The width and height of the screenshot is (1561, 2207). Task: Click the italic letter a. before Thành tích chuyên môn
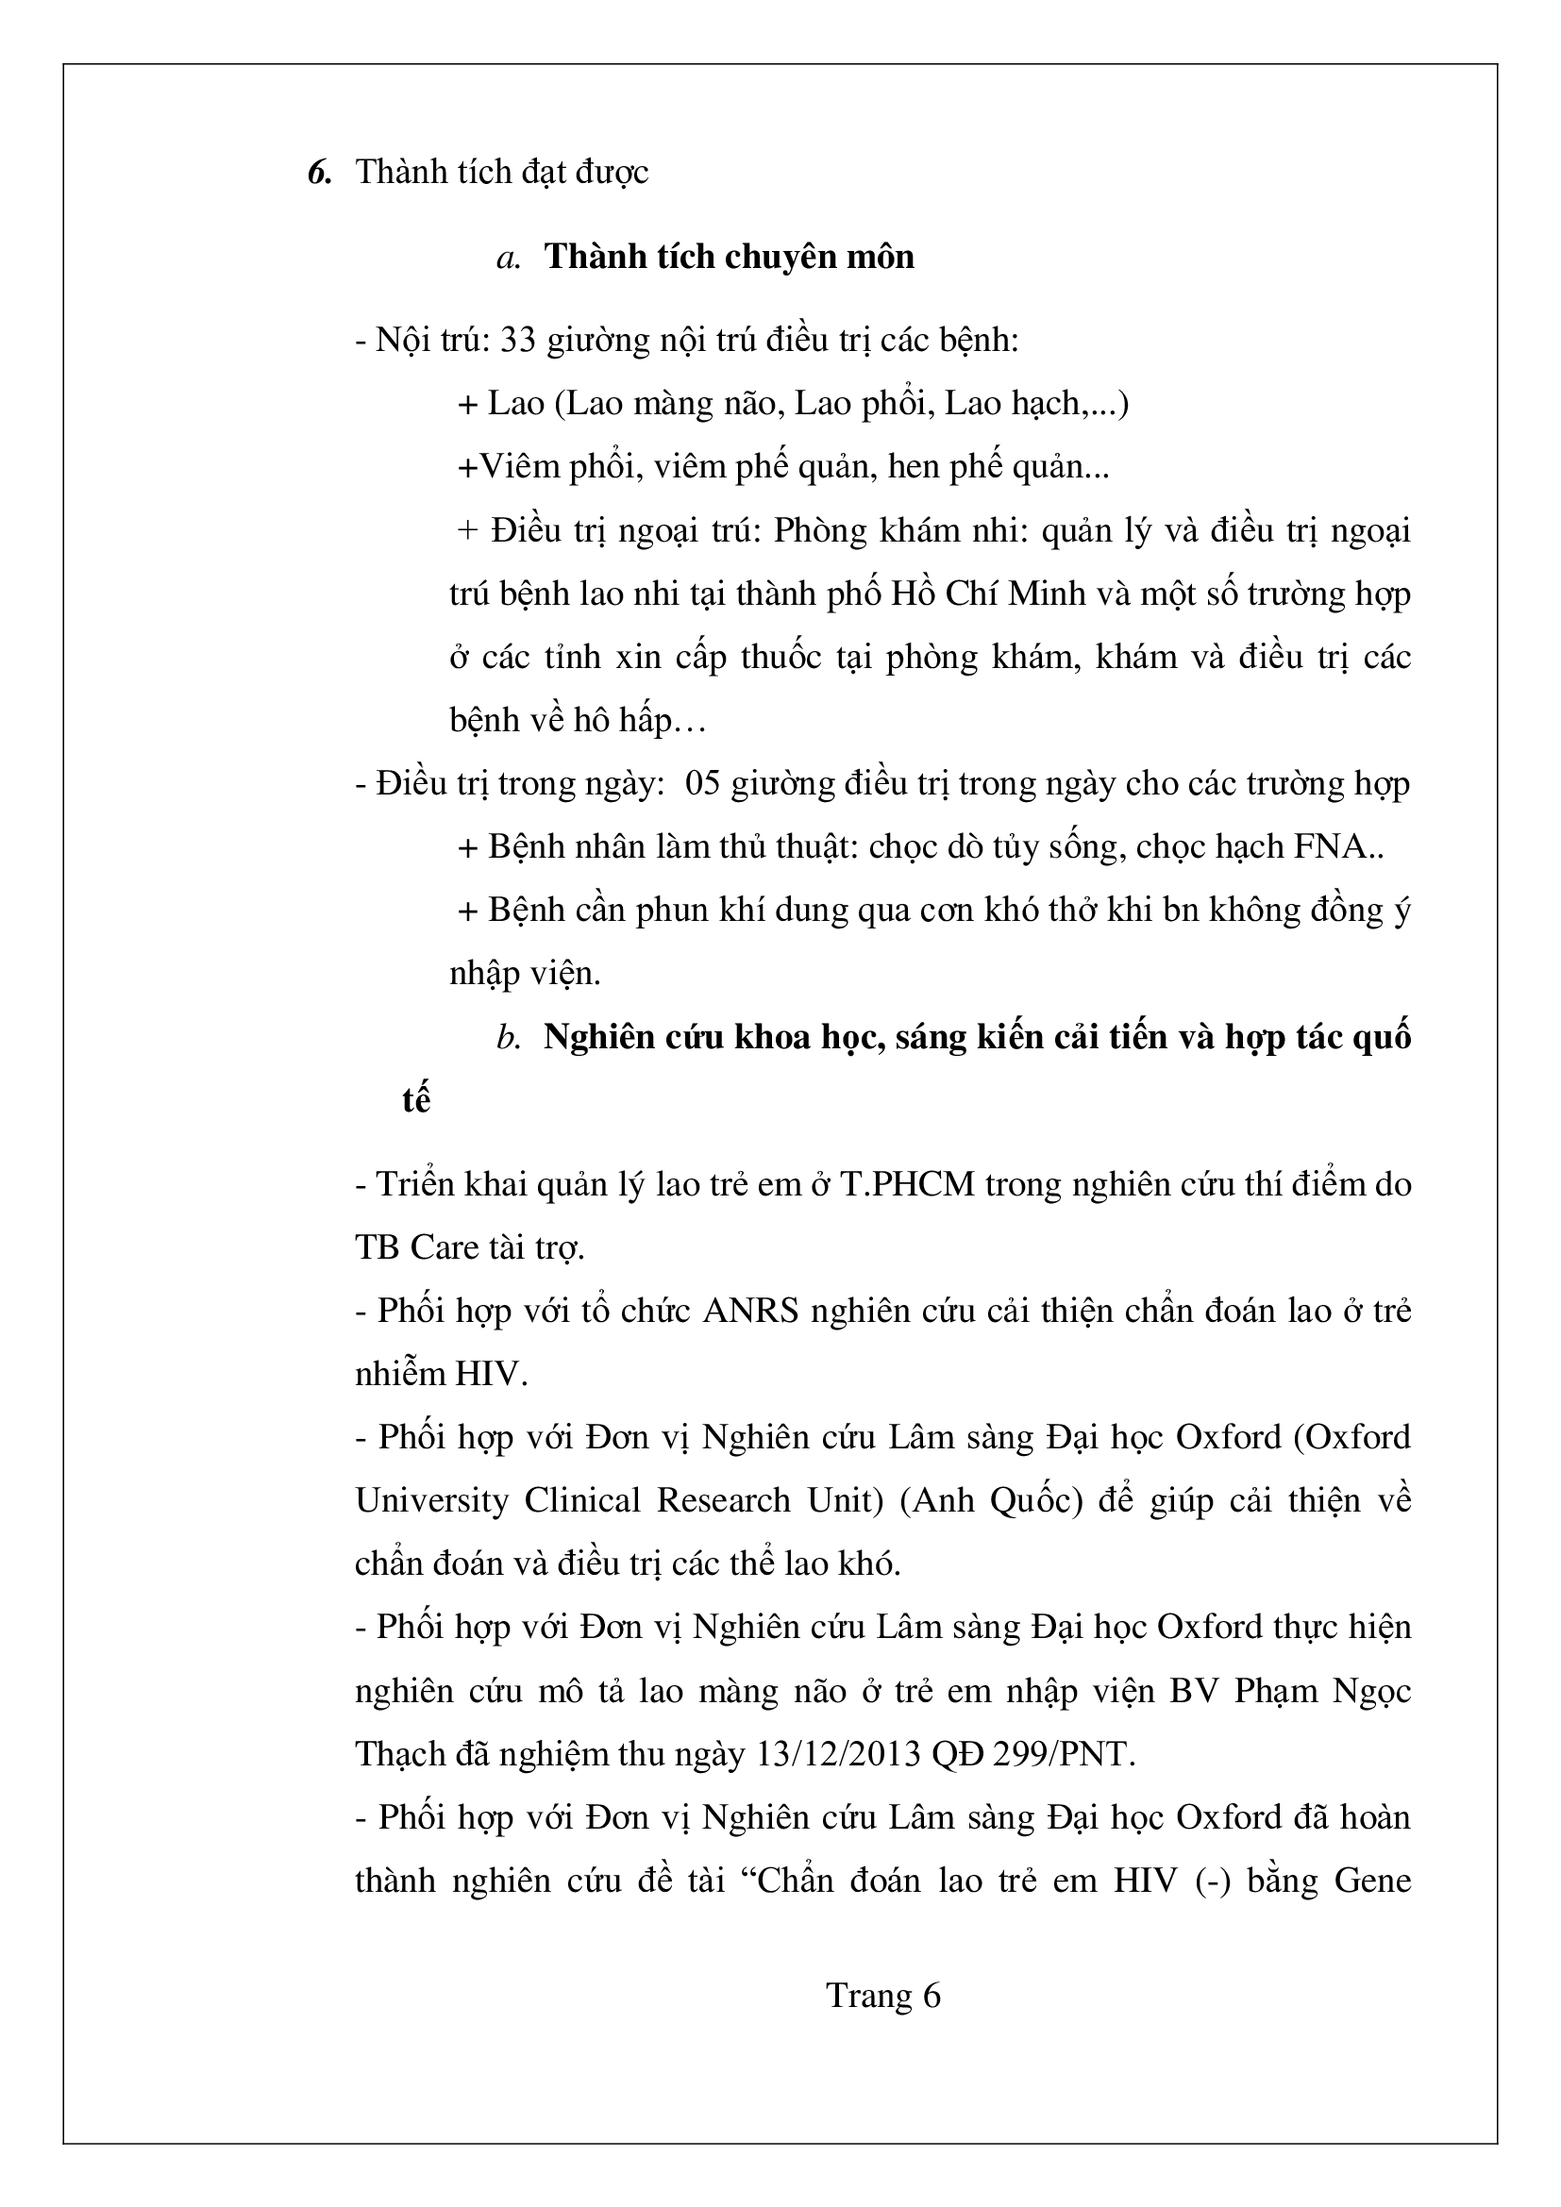click(x=509, y=258)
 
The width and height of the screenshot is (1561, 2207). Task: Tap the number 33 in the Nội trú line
click(x=517, y=341)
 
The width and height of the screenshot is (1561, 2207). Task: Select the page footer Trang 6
click(x=883, y=1996)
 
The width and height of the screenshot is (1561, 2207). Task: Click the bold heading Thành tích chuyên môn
click(x=730, y=258)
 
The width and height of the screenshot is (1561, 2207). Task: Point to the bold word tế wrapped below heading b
click(x=415, y=1100)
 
